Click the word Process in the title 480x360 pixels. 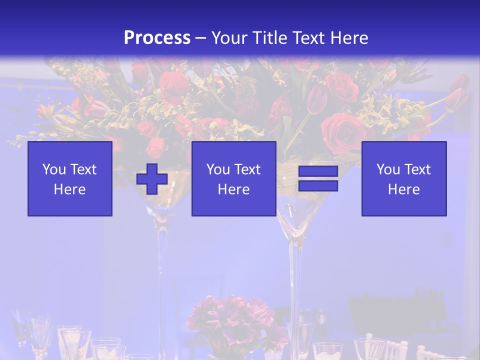[x=157, y=37]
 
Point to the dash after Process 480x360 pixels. [x=201, y=38]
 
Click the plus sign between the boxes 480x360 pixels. [x=152, y=178]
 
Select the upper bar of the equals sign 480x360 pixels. [x=318, y=171]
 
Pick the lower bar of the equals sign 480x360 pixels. [x=318, y=185]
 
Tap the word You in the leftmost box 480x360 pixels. [x=54, y=169]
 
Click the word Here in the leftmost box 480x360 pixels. [x=70, y=189]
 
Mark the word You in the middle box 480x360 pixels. [x=218, y=169]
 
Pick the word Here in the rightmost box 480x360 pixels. [x=404, y=189]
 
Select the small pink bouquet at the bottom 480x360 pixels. [x=235, y=320]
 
